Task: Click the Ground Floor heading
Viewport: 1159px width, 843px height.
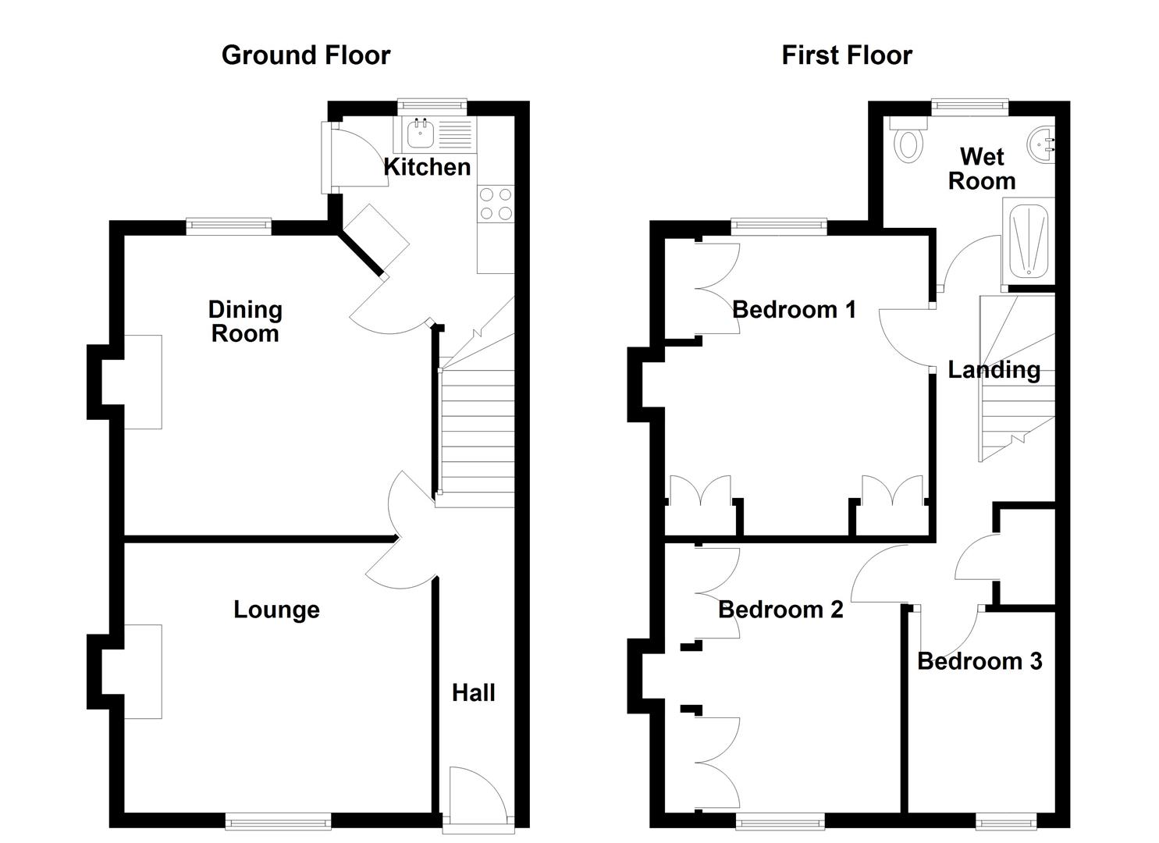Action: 305,55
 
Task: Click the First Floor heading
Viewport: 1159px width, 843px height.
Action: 846,55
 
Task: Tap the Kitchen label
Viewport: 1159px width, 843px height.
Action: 426,167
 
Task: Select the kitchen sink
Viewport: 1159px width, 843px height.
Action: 421,134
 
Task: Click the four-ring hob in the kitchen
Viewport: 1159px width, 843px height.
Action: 496,204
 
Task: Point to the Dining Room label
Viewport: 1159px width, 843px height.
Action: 244,322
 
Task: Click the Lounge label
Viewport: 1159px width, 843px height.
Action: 276,610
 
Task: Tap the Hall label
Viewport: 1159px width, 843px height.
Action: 473,693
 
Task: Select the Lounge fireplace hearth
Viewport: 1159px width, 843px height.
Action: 142,671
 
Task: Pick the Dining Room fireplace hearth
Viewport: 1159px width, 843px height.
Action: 142,382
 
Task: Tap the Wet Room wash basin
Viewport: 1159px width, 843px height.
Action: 1042,145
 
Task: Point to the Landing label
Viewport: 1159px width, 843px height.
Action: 994,370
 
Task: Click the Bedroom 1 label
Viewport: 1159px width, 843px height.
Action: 794,310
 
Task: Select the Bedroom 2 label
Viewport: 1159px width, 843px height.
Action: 780,610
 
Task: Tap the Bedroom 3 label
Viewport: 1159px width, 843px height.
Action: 979,662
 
